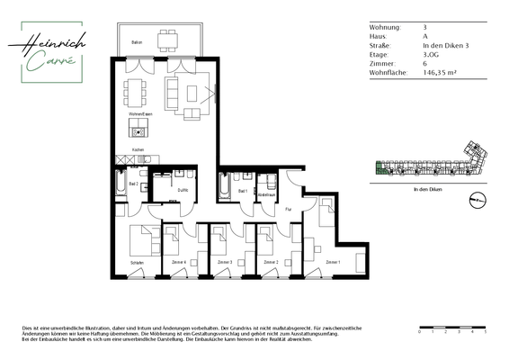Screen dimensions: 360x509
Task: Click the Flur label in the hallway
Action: [289, 208]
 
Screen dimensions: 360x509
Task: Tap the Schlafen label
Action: [137, 262]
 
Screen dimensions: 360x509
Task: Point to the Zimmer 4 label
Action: [178, 262]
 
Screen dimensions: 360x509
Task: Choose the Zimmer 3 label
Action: [225, 262]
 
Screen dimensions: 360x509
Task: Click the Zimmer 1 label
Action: [333, 262]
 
